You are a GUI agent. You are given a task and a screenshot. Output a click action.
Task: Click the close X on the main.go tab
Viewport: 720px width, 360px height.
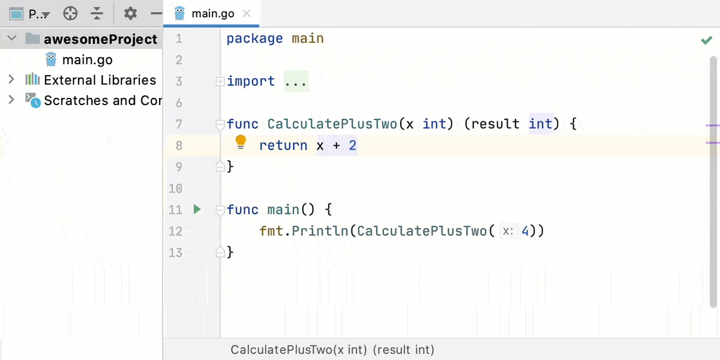(x=247, y=13)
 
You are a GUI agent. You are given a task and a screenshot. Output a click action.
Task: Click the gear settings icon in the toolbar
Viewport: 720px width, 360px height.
(x=130, y=13)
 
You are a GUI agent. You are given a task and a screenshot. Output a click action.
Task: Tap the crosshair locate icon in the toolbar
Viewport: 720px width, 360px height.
(x=70, y=13)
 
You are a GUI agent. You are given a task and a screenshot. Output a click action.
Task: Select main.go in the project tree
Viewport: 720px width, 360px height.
(x=87, y=60)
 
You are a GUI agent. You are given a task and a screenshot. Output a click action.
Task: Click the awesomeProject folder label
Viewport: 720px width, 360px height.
(x=101, y=39)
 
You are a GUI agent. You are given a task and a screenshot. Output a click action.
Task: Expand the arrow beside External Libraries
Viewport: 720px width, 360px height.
(x=11, y=79)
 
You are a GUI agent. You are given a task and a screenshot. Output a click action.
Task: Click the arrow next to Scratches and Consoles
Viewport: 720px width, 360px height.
(x=11, y=100)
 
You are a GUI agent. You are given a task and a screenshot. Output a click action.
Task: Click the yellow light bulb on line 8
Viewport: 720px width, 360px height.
(x=241, y=142)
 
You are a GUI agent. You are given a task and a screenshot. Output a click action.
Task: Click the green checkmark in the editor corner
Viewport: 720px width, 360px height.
(x=707, y=40)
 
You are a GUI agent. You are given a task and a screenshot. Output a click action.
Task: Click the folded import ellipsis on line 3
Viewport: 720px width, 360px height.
(x=296, y=82)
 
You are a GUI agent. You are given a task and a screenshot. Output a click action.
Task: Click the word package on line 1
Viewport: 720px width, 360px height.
(x=254, y=39)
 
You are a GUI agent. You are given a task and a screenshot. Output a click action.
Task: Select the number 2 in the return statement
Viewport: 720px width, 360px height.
(x=353, y=146)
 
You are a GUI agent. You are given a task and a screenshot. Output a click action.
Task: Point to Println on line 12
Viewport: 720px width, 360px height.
(x=320, y=231)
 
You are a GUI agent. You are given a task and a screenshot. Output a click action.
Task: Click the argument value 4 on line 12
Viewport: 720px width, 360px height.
(x=525, y=231)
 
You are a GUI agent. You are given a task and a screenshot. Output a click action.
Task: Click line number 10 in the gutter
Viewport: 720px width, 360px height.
(x=175, y=188)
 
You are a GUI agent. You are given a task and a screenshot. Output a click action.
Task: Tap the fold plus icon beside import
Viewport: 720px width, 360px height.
(x=220, y=82)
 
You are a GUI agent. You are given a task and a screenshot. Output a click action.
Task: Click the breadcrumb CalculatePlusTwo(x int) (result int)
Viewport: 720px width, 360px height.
(x=332, y=350)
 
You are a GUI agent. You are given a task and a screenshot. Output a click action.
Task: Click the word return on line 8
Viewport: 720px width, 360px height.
(x=283, y=146)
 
